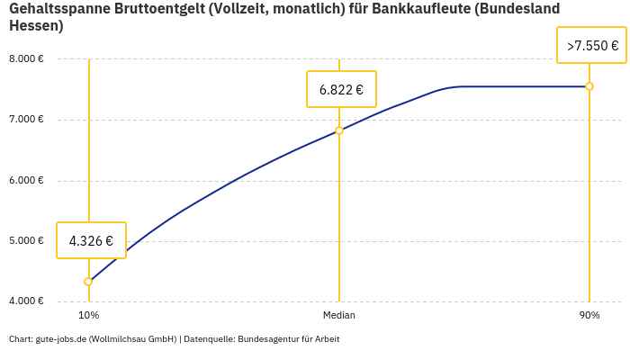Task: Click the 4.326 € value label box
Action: tap(91, 240)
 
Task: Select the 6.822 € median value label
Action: tap(341, 89)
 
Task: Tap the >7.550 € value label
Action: tap(591, 45)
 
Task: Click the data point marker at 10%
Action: tap(88, 282)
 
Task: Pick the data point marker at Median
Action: tap(339, 130)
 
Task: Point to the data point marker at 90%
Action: tap(589, 86)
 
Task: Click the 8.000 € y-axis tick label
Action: tap(26, 59)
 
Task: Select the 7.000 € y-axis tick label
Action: tap(26, 120)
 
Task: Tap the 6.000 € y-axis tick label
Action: tap(26, 180)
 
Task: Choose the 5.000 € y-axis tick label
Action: tap(26, 240)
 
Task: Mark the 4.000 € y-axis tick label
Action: tap(26, 301)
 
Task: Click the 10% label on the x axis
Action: tap(88, 316)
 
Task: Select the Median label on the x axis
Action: tap(339, 316)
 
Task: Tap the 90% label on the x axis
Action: tap(589, 316)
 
